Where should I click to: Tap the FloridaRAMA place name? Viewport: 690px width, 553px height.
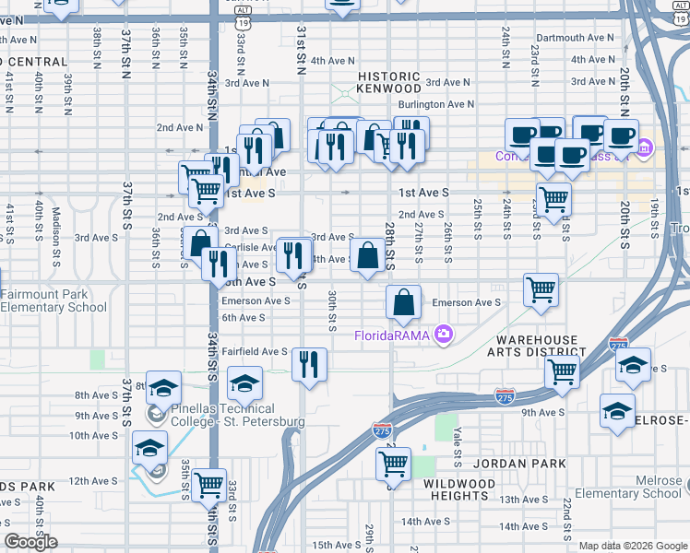click(x=393, y=335)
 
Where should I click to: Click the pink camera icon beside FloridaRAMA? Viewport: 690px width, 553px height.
click(x=444, y=334)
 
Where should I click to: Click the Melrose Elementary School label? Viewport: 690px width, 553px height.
click(x=627, y=488)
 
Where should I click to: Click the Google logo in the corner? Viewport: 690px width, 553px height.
click(x=31, y=542)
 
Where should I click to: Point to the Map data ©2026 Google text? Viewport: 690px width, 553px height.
click(x=633, y=546)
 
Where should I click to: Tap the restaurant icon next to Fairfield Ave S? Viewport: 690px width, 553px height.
click(x=309, y=363)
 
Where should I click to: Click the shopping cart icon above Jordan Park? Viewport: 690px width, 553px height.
click(x=393, y=463)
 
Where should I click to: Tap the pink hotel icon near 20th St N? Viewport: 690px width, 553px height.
click(x=644, y=147)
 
